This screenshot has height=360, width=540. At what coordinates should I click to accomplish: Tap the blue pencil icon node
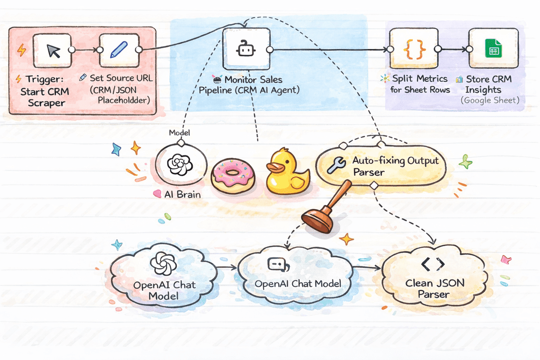(118, 50)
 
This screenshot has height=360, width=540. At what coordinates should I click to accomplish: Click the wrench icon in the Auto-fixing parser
(336, 165)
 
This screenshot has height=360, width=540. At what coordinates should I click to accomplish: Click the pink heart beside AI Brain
(157, 194)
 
